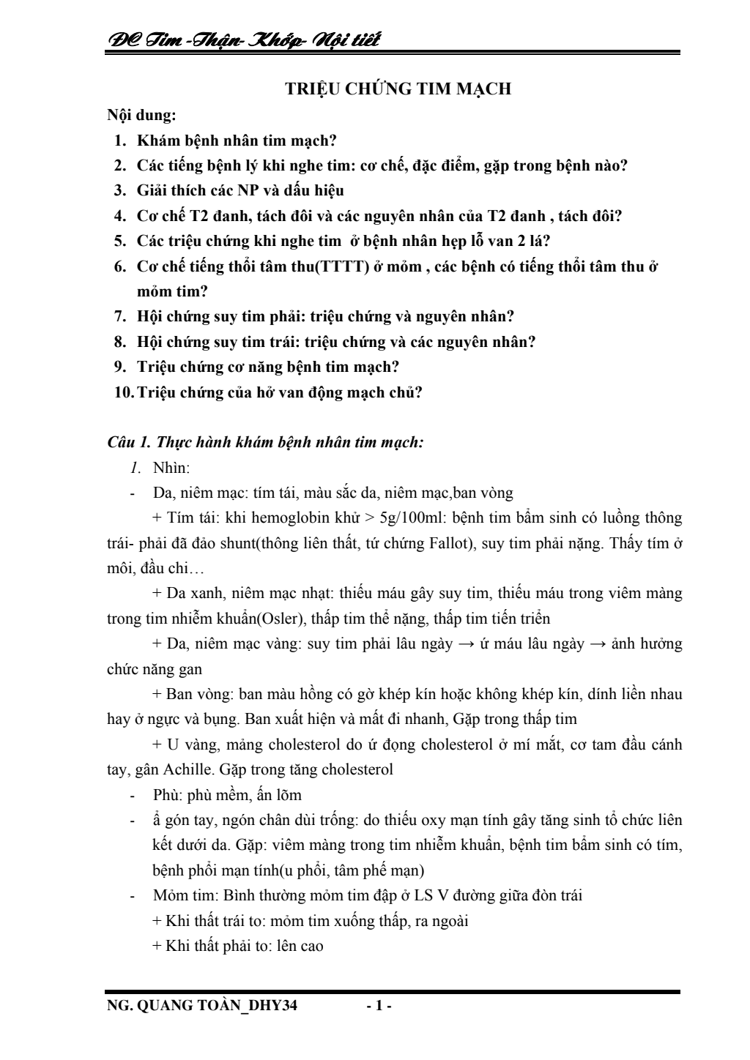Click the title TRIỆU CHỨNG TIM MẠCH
coord(398,89)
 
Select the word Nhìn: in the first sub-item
coord(171,468)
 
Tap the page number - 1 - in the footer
coord(379,1006)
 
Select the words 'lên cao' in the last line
coord(300,946)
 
